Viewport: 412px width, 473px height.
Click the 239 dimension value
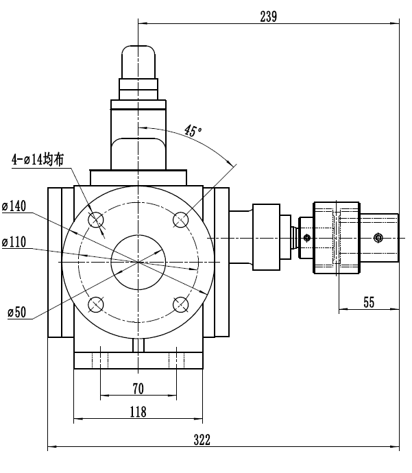point(268,17)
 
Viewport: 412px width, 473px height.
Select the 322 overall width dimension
point(202,439)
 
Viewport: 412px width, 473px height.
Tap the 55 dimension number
point(369,302)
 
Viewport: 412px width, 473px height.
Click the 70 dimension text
point(138,389)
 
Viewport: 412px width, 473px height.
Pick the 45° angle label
point(194,130)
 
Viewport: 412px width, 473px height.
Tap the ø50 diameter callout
point(16,313)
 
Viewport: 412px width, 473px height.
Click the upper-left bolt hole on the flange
point(96,220)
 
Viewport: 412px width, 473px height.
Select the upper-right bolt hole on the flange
point(181,219)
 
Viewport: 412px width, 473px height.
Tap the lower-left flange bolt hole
point(96,304)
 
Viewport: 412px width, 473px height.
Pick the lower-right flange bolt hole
point(181,304)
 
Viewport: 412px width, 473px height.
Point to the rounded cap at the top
point(138,62)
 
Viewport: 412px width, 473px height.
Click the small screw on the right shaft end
point(378,238)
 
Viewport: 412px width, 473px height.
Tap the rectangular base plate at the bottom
point(138,360)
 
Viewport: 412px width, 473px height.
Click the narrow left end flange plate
point(54,262)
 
